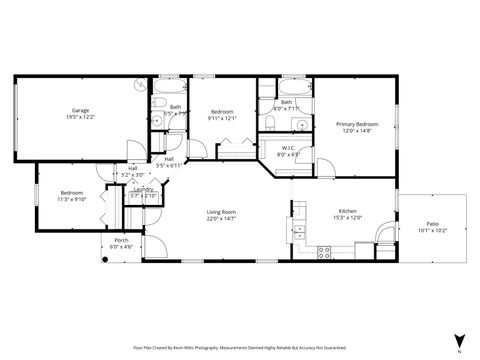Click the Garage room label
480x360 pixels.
tap(80, 110)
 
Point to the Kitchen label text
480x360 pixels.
tap(348, 212)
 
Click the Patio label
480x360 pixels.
tap(432, 223)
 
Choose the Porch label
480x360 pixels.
tap(121, 240)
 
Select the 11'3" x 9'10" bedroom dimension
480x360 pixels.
tap(72, 198)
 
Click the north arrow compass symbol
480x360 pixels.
tap(458, 340)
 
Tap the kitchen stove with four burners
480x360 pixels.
tap(324, 252)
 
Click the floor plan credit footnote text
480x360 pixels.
tap(240, 346)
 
